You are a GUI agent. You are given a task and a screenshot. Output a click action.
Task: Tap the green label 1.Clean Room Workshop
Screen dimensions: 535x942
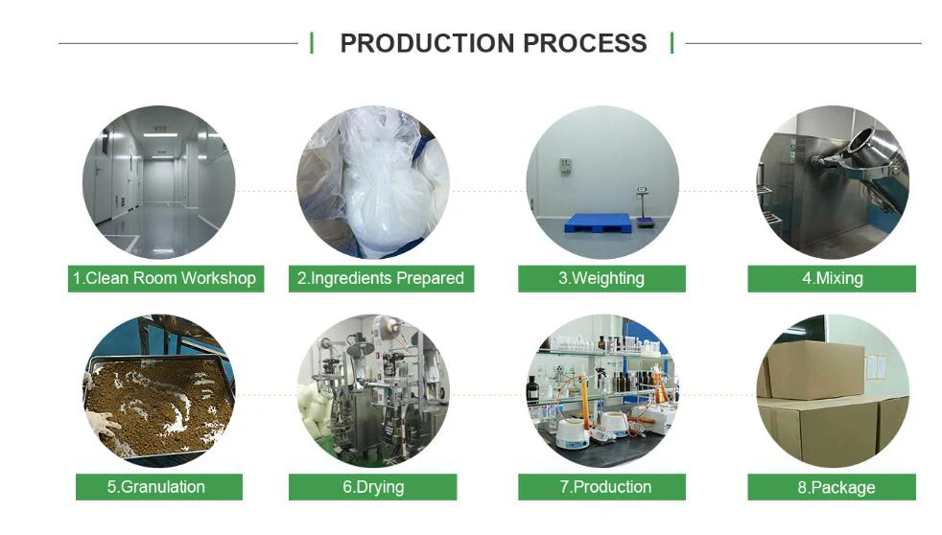(165, 279)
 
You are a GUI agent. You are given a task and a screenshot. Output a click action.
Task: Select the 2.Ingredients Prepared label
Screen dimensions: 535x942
(381, 279)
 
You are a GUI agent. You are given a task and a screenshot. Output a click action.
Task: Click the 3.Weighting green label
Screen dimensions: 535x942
(601, 279)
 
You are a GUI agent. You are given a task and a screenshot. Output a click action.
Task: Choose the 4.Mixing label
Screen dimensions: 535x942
(832, 279)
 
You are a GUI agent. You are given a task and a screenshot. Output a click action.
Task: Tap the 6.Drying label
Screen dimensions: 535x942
(373, 487)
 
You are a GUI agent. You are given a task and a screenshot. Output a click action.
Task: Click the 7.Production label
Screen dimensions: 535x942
(601, 487)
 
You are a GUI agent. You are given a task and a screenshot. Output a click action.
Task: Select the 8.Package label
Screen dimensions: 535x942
(832, 487)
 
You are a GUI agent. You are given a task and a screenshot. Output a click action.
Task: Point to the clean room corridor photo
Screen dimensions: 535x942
(158, 182)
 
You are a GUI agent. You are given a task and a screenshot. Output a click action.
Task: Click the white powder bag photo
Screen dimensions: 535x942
(373, 182)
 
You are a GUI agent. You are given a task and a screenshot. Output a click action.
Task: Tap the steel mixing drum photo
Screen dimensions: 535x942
(832, 182)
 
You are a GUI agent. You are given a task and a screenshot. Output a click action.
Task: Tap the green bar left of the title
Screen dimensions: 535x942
(312, 43)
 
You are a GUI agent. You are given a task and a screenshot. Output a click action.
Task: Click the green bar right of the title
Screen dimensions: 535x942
(671, 43)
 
